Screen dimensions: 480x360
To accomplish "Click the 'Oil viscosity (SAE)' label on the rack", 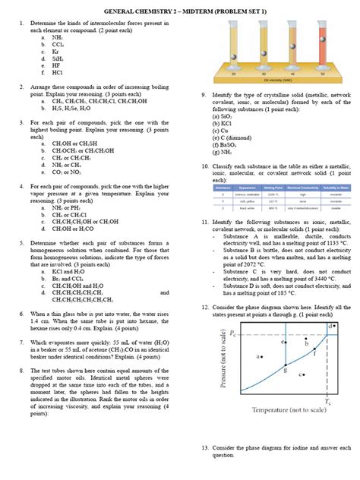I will coord(276,80).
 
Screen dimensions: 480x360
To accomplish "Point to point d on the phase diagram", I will coord(331,326).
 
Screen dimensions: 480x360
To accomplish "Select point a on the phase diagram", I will coord(260,355).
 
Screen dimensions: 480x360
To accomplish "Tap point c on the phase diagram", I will coord(302,375).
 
